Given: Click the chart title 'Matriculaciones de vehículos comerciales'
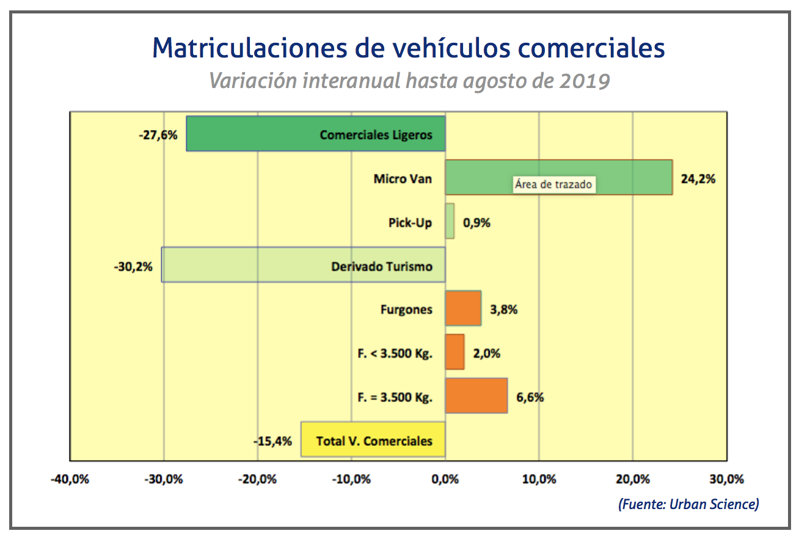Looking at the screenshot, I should (408, 48).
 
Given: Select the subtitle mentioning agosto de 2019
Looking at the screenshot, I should (409, 81).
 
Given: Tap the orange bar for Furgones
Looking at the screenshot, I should (463, 309).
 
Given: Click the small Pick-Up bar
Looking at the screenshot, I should (450, 221).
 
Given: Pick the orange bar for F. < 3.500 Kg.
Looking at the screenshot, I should (454, 352).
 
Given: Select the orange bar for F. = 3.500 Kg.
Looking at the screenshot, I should (476, 396).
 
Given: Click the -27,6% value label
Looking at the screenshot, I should (158, 134).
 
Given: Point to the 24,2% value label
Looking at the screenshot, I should (697, 179).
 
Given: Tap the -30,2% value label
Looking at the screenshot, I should (133, 266).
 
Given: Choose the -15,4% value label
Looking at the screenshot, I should (273, 441).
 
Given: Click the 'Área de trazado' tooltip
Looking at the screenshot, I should (553, 184).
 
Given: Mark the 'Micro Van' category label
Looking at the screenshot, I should (403, 179).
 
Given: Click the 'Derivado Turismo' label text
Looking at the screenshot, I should (382, 266).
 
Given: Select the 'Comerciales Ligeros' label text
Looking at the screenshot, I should (376, 134).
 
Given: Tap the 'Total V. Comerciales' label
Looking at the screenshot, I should (374, 441).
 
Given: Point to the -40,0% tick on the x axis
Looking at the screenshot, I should (70, 479).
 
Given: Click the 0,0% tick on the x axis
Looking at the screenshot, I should (445, 479).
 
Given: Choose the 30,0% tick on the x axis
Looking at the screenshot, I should (726, 479).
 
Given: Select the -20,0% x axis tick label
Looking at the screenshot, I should (257, 479).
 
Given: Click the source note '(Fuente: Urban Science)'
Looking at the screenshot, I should (688, 504).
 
